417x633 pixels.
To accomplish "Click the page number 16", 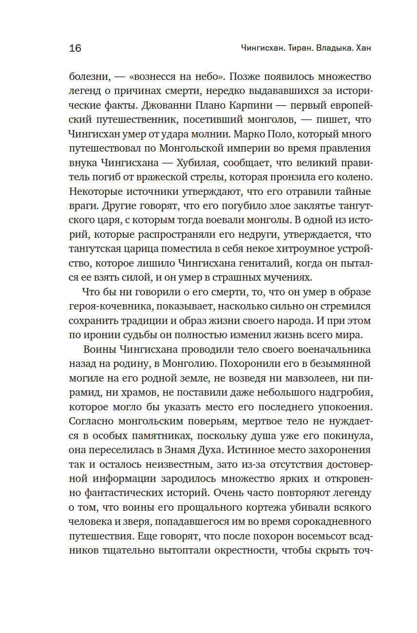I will (75, 48).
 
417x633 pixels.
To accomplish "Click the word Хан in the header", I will (364, 48).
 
